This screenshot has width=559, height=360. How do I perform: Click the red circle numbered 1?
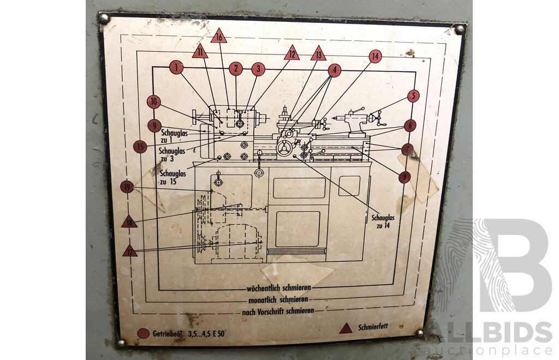click(x=176, y=67)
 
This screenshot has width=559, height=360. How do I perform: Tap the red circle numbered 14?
click(x=375, y=56)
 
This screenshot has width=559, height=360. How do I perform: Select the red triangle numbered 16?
click(x=218, y=37)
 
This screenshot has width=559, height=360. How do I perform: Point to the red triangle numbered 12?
click(x=292, y=53)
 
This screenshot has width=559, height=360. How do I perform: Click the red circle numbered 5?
click(x=413, y=95)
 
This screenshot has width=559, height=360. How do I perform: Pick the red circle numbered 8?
click(x=405, y=177)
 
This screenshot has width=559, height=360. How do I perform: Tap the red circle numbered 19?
click(x=127, y=187)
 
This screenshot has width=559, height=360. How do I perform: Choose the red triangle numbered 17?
click(x=130, y=251)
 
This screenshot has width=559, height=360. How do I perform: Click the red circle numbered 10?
click(x=153, y=102)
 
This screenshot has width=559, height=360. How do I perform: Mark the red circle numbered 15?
click(x=140, y=146)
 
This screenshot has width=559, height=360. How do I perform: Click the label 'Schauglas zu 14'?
click(x=383, y=221)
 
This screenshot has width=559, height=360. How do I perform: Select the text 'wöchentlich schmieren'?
click(x=279, y=287)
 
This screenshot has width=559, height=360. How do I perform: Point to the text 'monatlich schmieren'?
click(x=278, y=300)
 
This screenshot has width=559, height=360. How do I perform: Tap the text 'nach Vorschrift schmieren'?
click(x=278, y=311)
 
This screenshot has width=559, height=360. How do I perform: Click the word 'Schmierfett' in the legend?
click(x=373, y=327)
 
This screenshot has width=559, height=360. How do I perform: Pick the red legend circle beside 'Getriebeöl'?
click(x=144, y=333)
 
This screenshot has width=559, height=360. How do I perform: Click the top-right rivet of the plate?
click(x=460, y=29)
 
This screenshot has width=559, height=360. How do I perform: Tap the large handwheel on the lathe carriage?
click(x=284, y=148)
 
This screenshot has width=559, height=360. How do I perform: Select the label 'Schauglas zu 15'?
click(x=173, y=177)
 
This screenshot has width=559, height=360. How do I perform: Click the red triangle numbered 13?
click(x=318, y=54)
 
